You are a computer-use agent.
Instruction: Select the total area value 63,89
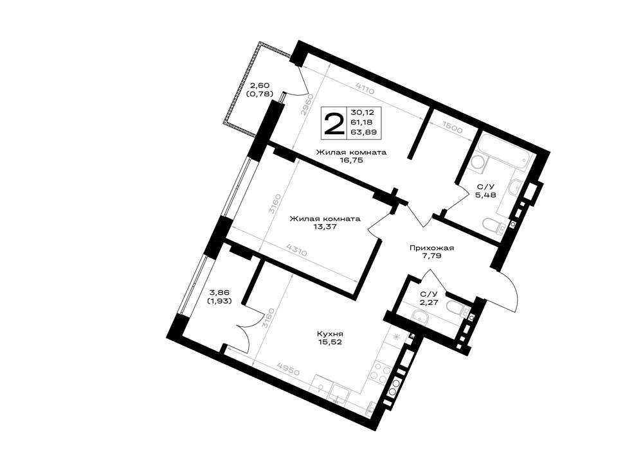tap(364, 132)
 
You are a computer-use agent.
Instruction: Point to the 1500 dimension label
tap(453, 128)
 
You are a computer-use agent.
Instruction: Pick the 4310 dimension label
tap(296, 249)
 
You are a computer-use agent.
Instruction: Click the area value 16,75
tap(351, 161)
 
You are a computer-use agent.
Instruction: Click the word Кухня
tap(330, 334)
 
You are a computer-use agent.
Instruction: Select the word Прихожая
tap(431, 248)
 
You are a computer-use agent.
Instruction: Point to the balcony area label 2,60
tap(260, 85)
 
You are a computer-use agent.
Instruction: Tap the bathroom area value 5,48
tap(485, 195)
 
